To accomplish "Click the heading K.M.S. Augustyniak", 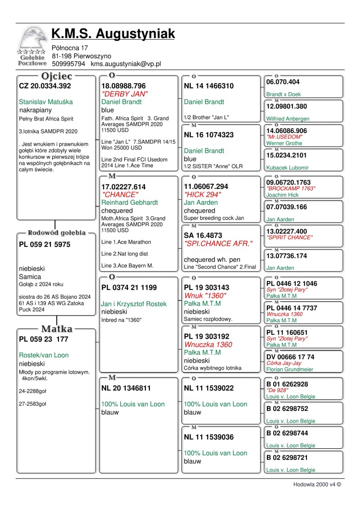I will pos(113,33).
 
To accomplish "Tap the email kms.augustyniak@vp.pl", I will pos(126,64).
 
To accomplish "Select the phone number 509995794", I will pos(68,64).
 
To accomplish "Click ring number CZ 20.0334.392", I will pos(45,85).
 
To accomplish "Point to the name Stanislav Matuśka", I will pos(46,102).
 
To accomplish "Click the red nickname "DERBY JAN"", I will pos(125,94).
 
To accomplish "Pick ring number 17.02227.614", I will pos(124,187).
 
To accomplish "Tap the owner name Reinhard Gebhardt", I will pos(130,203).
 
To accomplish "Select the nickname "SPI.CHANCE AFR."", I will pos(218,243).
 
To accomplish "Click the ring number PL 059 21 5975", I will pos(45,245).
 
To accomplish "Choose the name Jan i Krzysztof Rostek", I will pos(134,304).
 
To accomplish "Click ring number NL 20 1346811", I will pos(126,388).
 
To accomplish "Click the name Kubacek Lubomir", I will pos(287,168).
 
